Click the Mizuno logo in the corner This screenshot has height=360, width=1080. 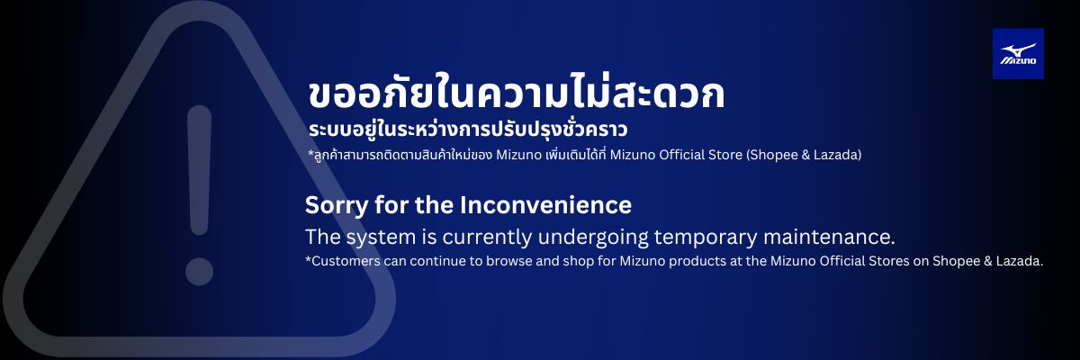tap(1018, 53)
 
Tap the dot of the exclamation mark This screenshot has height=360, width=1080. tap(199, 271)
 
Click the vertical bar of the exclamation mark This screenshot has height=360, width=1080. tap(199, 169)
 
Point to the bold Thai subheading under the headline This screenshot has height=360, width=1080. tap(468, 130)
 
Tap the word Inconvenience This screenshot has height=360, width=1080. tap(545, 205)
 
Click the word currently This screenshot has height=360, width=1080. tap(487, 238)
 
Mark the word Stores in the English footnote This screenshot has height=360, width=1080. tap(887, 261)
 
